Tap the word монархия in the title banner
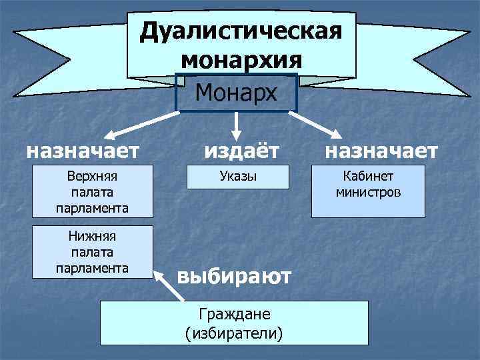pyautogui.click(x=241, y=59)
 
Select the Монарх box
pyautogui.click(x=237, y=93)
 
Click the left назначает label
pyautogui.click(x=83, y=151)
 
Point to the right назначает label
pyautogui.click(x=381, y=151)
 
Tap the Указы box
pyautogui.click(x=238, y=177)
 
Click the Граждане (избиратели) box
pyautogui.click(x=234, y=323)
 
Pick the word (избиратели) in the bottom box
pyautogui.click(x=234, y=331)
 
